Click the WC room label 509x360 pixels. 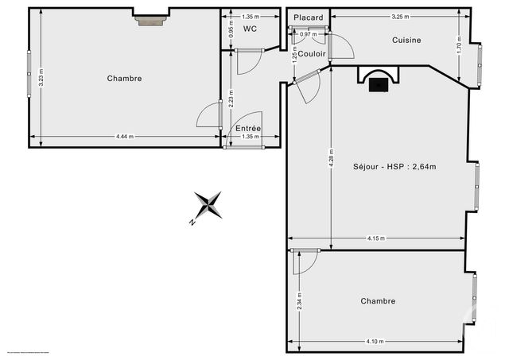pyautogui.click(x=249, y=29)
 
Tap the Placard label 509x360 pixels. pyautogui.click(x=308, y=17)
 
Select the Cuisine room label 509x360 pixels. pyautogui.click(x=406, y=40)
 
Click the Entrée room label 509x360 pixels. pyautogui.click(x=247, y=129)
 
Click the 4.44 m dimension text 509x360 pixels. pyautogui.click(x=125, y=137)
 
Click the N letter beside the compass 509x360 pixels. pyautogui.click(x=192, y=223)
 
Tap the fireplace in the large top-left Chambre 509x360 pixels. pyautogui.click(x=150, y=20)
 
